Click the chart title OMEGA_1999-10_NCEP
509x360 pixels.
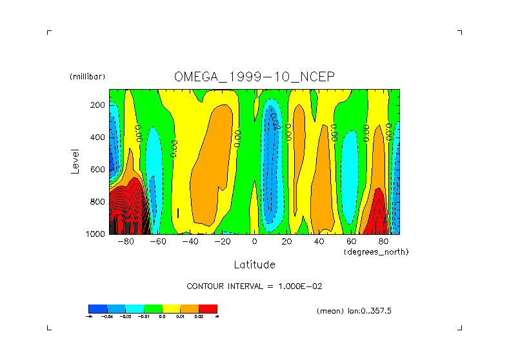254,76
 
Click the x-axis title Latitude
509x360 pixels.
254,265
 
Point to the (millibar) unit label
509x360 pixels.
87,77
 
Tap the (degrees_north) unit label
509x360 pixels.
376,251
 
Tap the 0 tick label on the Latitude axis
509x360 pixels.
254,242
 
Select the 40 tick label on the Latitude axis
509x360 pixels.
319,242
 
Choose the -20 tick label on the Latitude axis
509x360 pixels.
222,242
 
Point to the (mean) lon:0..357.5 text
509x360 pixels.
354,311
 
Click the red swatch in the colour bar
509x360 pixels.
208,309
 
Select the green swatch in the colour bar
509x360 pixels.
152,309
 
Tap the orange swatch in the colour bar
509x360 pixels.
189,309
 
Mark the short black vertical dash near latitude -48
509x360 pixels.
177,213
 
